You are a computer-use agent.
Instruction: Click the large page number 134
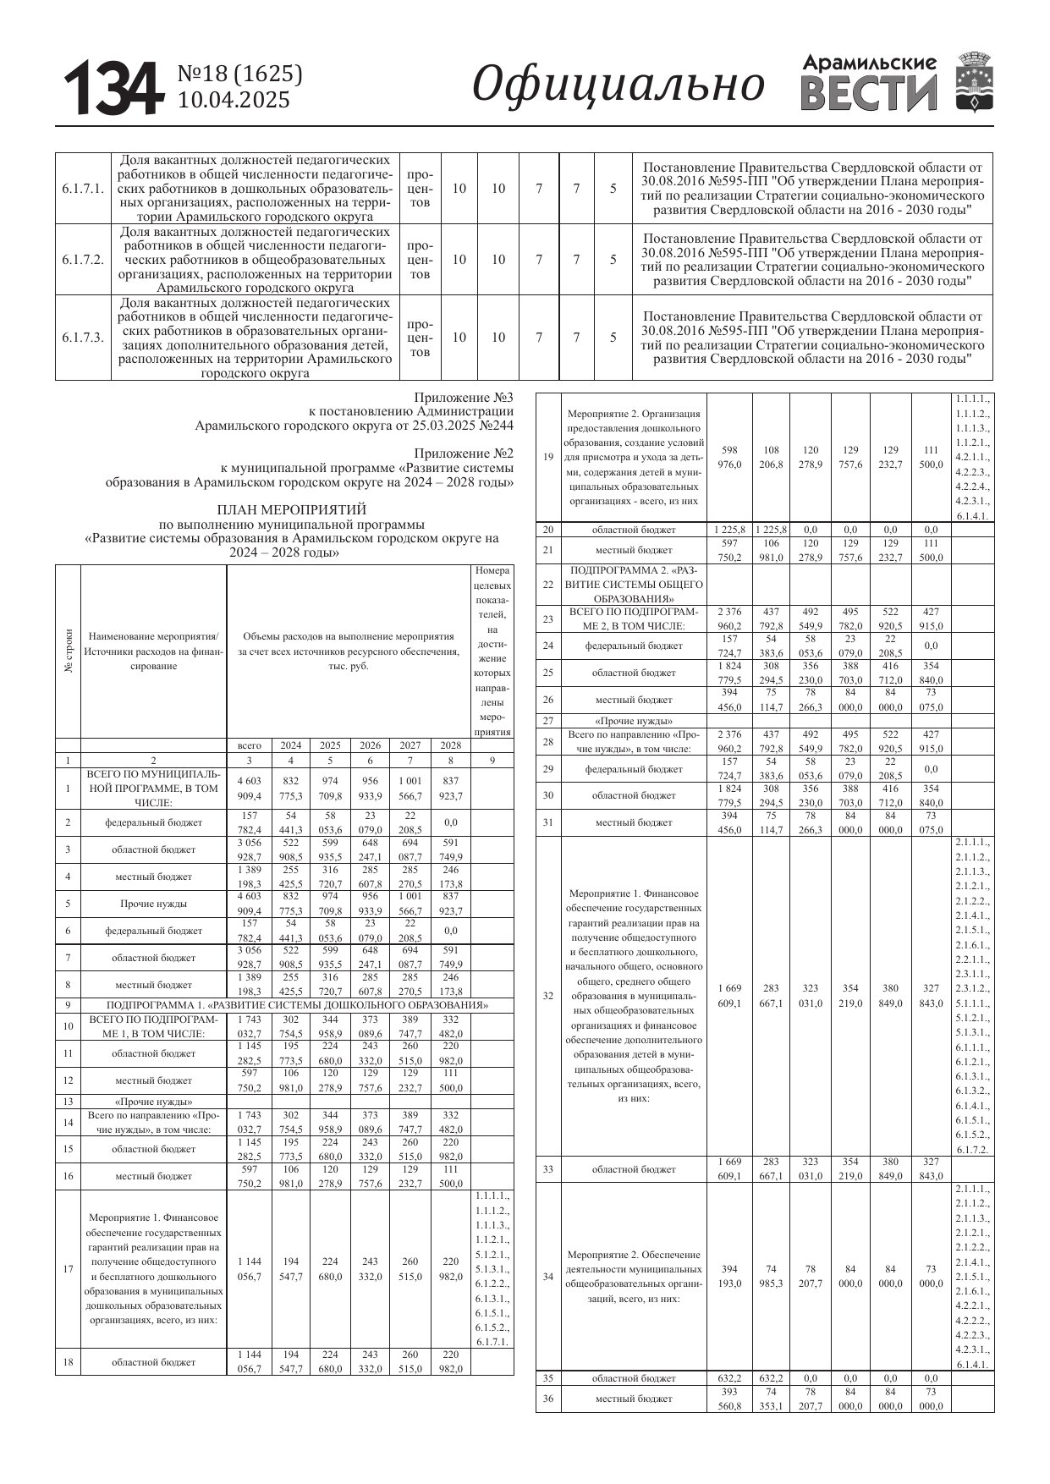[113, 88]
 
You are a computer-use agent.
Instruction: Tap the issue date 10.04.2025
[234, 100]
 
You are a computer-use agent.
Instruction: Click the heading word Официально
[618, 85]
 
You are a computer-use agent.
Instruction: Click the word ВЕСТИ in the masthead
[869, 94]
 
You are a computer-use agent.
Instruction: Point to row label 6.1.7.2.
[83, 260]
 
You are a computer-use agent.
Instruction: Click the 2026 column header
[370, 745]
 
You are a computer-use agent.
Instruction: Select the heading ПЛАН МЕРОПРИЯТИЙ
[292, 509]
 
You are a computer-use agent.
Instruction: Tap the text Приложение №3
[464, 397]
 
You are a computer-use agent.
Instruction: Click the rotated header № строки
[69, 651]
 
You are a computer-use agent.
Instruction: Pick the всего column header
[250, 745]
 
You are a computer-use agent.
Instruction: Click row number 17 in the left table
[68, 1269]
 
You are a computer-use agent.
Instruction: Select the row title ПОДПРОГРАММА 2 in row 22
[634, 585]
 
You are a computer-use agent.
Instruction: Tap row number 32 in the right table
[548, 996]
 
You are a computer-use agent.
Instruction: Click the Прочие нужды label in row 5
[153, 904]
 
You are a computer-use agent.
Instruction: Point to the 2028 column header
[450, 745]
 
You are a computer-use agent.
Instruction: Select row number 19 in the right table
[548, 457]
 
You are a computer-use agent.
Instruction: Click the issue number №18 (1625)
[239, 74]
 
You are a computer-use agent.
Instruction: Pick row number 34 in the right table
[548, 1277]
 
